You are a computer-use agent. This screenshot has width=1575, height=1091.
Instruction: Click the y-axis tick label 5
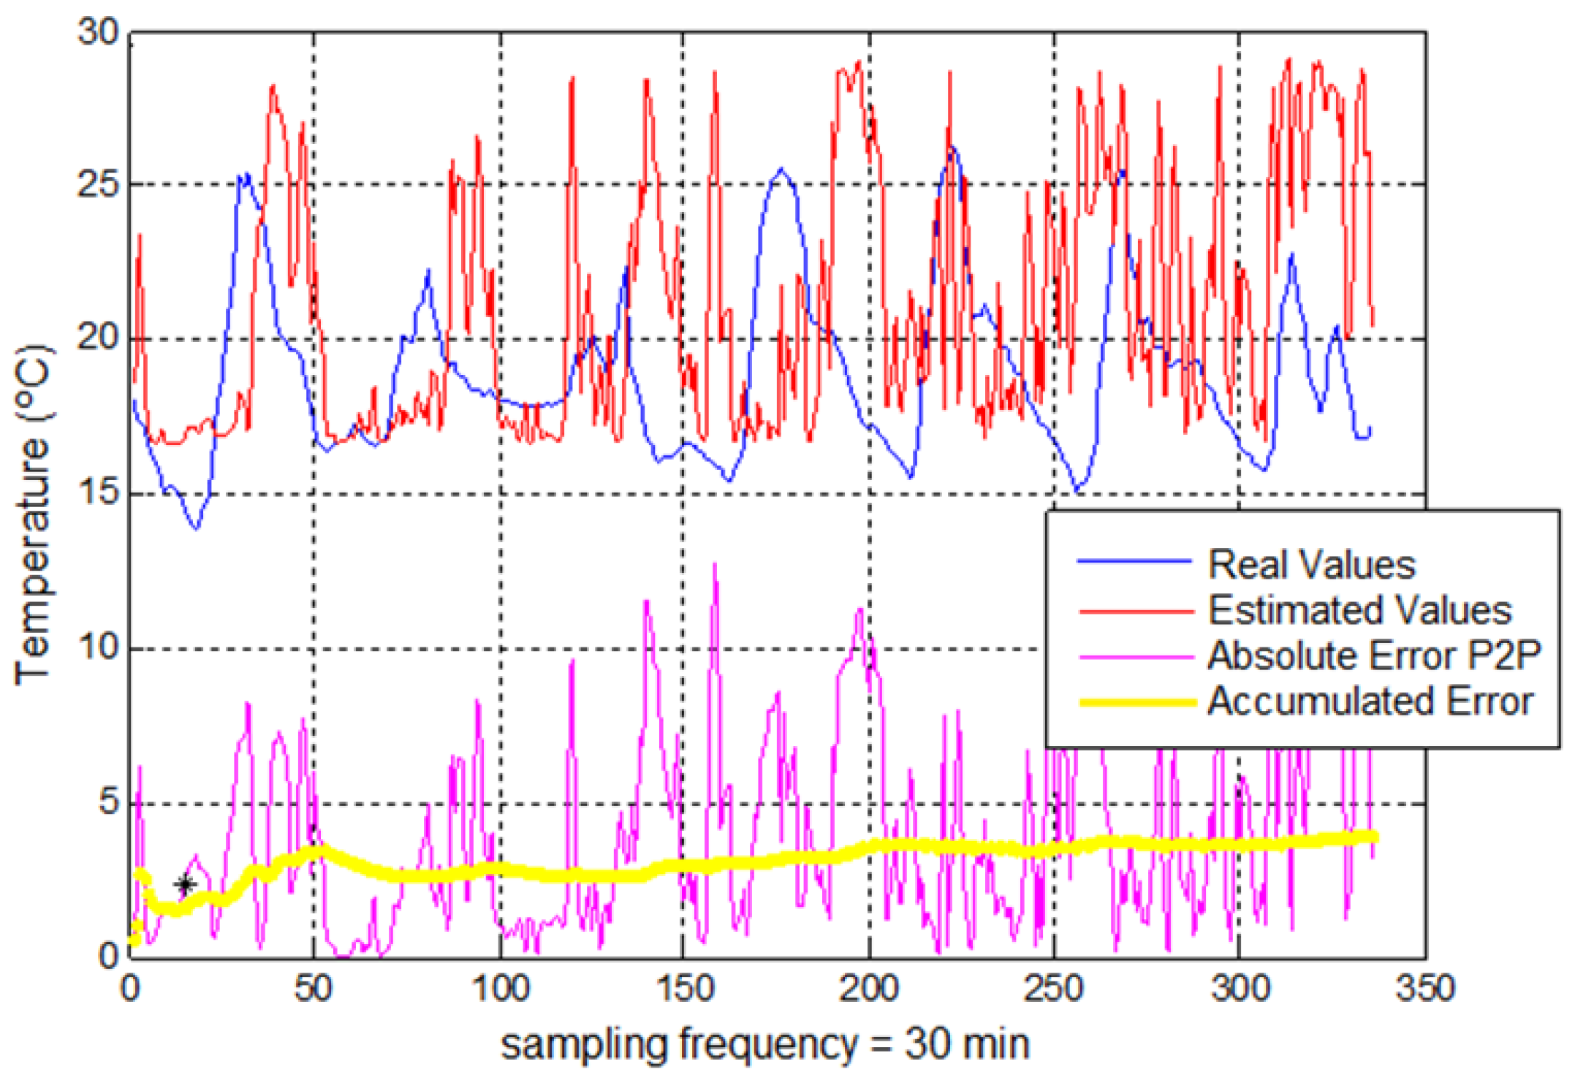coord(108,801)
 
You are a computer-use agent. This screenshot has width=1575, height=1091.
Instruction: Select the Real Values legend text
coord(1312,565)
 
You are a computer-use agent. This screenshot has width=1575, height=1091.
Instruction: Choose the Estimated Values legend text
coord(1359,610)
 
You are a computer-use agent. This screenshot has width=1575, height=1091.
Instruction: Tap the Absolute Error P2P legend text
coord(1374,655)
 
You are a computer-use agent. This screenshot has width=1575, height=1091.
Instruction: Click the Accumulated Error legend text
coord(1370,702)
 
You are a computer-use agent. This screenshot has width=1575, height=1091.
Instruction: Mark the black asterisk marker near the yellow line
coord(186,885)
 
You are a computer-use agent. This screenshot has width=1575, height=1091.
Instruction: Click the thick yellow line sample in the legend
coord(1137,703)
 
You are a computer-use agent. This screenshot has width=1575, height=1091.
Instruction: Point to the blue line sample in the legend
coord(1134,561)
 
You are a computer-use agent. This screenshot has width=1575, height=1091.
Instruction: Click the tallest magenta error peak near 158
coord(715,566)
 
